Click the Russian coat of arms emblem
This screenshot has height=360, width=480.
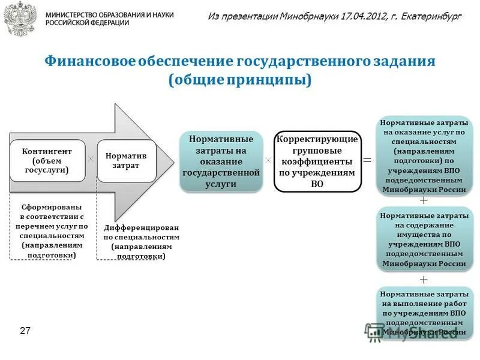tap(19, 18)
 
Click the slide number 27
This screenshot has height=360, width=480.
tap(25, 331)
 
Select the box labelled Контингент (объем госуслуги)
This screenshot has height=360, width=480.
tap(47, 160)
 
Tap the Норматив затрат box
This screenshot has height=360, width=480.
tap(126, 160)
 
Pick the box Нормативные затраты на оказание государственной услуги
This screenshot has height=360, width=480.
tap(221, 161)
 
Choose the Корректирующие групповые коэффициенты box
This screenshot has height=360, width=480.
tap(317, 161)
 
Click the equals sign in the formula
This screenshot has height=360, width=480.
tap(367, 161)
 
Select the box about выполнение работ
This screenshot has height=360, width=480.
tap(424, 313)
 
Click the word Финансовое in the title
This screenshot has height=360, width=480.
tap(90, 62)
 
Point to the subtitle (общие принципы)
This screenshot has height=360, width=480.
tap(240, 80)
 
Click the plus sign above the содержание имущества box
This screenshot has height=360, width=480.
tap(424, 200)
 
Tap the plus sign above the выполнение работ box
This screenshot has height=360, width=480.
tap(424, 280)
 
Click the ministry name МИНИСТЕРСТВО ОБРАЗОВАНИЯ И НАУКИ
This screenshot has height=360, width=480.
tap(109, 14)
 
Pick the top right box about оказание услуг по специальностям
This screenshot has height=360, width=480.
tap(424, 157)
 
